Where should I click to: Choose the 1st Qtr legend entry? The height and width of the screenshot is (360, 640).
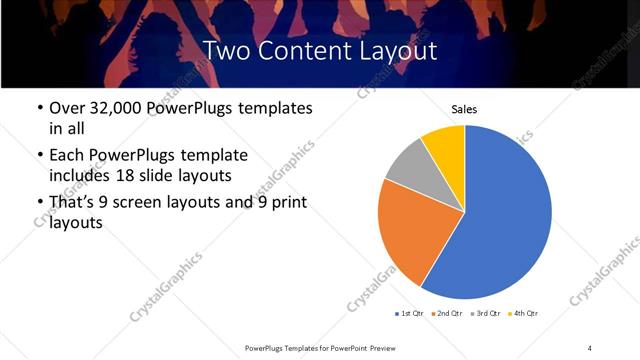click(410, 314)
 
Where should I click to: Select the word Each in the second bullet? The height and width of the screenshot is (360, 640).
click(67, 155)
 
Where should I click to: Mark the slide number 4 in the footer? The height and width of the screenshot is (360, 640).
click(589, 347)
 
